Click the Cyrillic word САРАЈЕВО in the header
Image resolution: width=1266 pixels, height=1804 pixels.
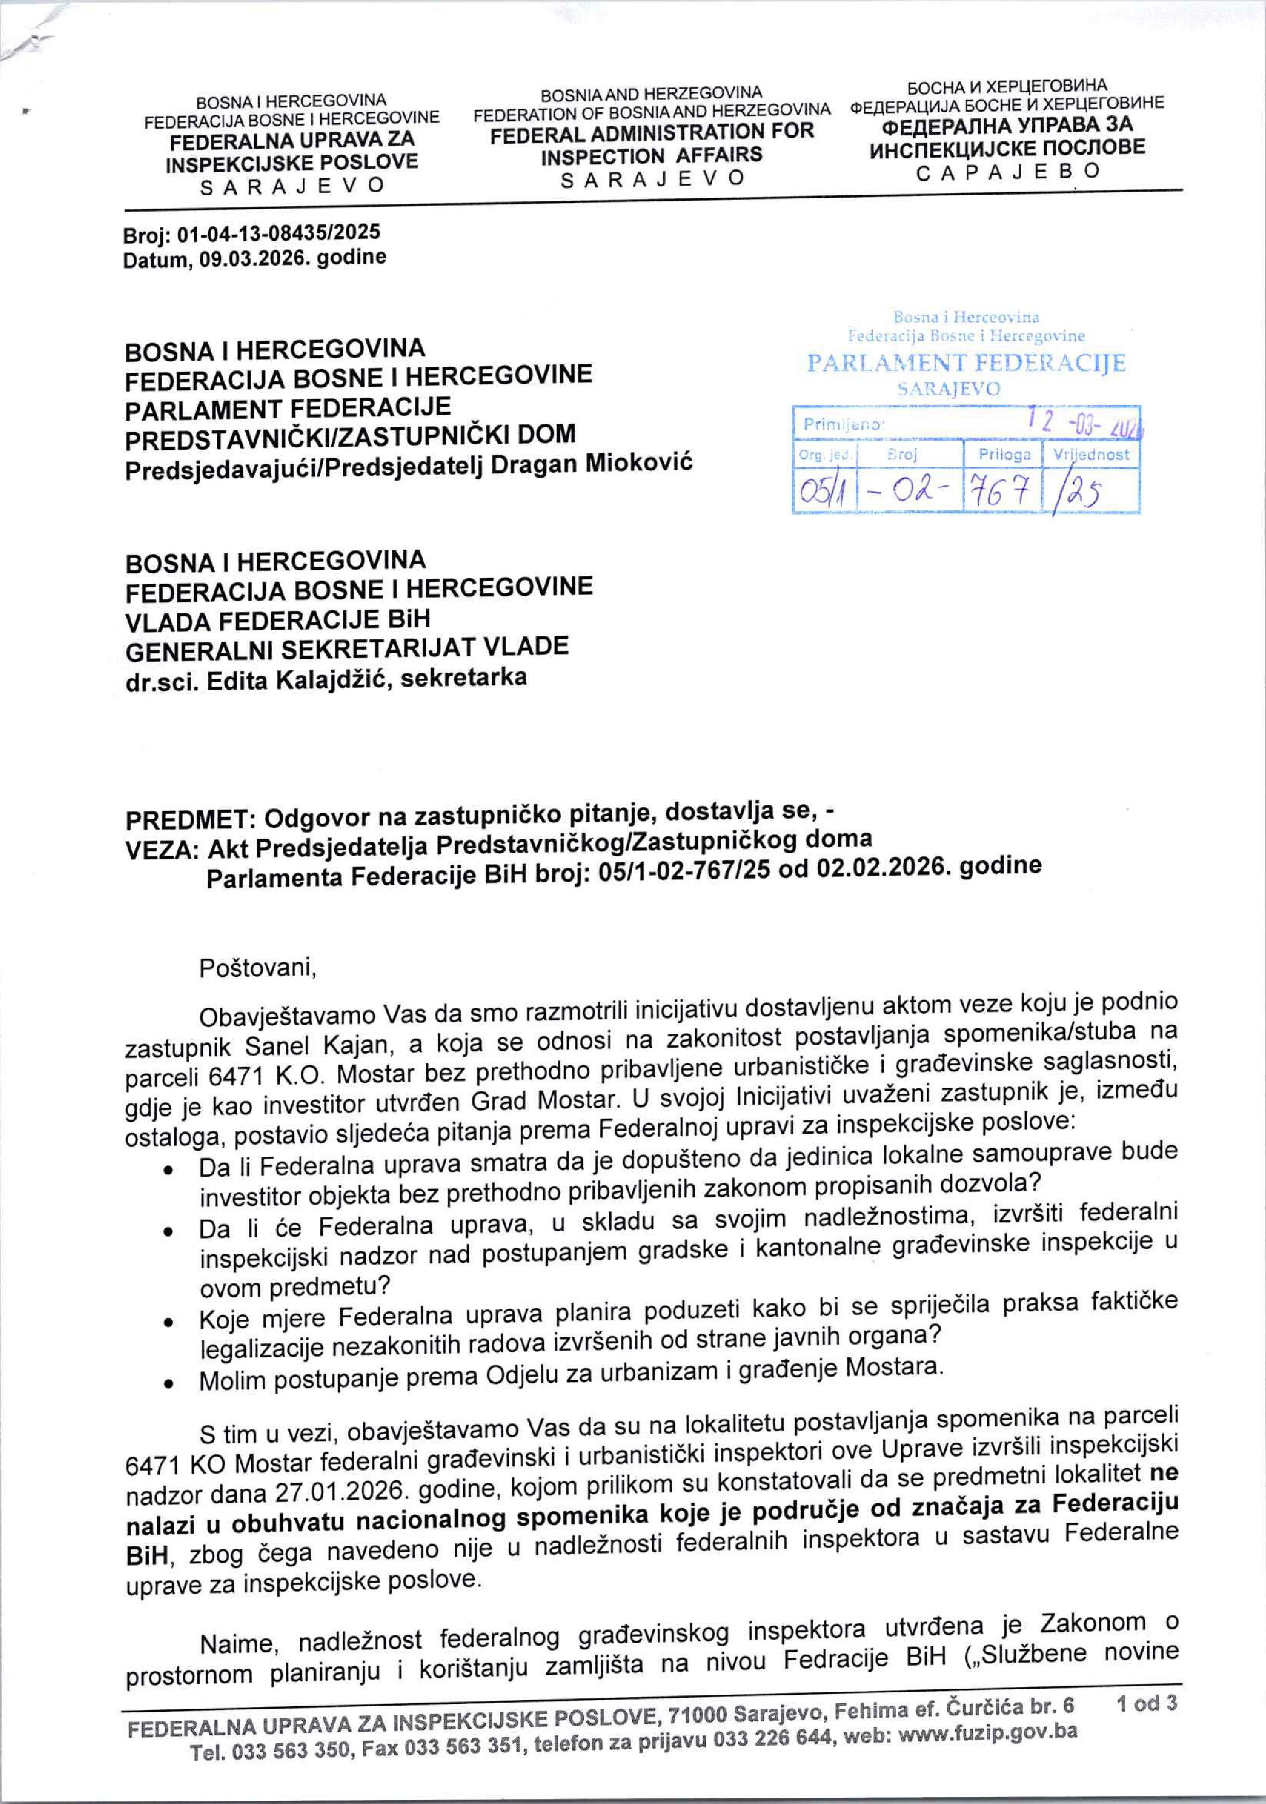[1010, 171]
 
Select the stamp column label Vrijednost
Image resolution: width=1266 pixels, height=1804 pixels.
[1091, 453]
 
